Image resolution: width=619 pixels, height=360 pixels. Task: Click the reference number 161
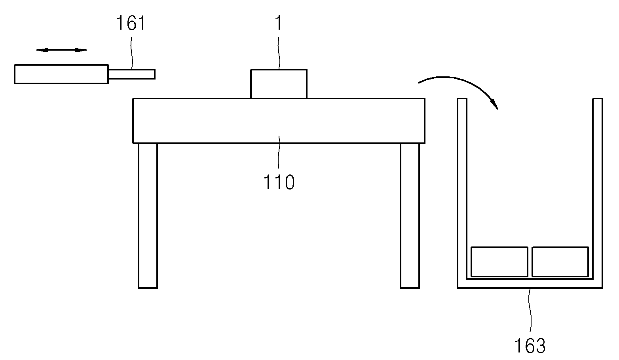click(x=131, y=23)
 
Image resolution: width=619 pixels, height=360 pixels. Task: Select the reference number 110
click(x=279, y=182)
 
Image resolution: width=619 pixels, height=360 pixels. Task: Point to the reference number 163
click(x=530, y=346)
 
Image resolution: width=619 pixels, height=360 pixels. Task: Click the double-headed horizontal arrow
click(x=61, y=50)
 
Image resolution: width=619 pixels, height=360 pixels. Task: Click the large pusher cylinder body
click(x=61, y=74)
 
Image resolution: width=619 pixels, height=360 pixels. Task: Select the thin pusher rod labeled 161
click(x=132, y=74)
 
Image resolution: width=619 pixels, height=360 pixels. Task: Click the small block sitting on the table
click(x=279, y=84)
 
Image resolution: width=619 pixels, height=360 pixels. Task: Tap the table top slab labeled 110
click(x=279, y=121)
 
